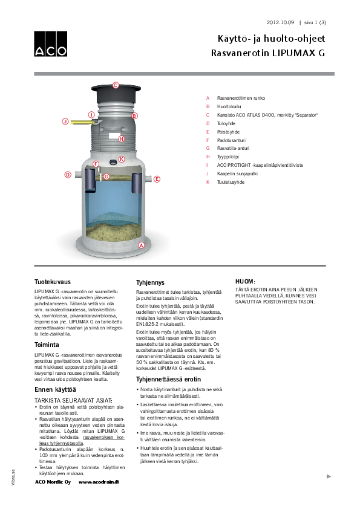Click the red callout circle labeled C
(116, 85)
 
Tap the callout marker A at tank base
(142, 245)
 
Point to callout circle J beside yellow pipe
(65, 122)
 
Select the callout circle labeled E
(157, 179)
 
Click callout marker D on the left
(68, 175)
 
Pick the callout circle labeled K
(122, 159)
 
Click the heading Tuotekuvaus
(52, 282)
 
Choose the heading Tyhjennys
(151, 282)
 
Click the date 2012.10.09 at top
(280, 22)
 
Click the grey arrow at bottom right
(329, 476)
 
